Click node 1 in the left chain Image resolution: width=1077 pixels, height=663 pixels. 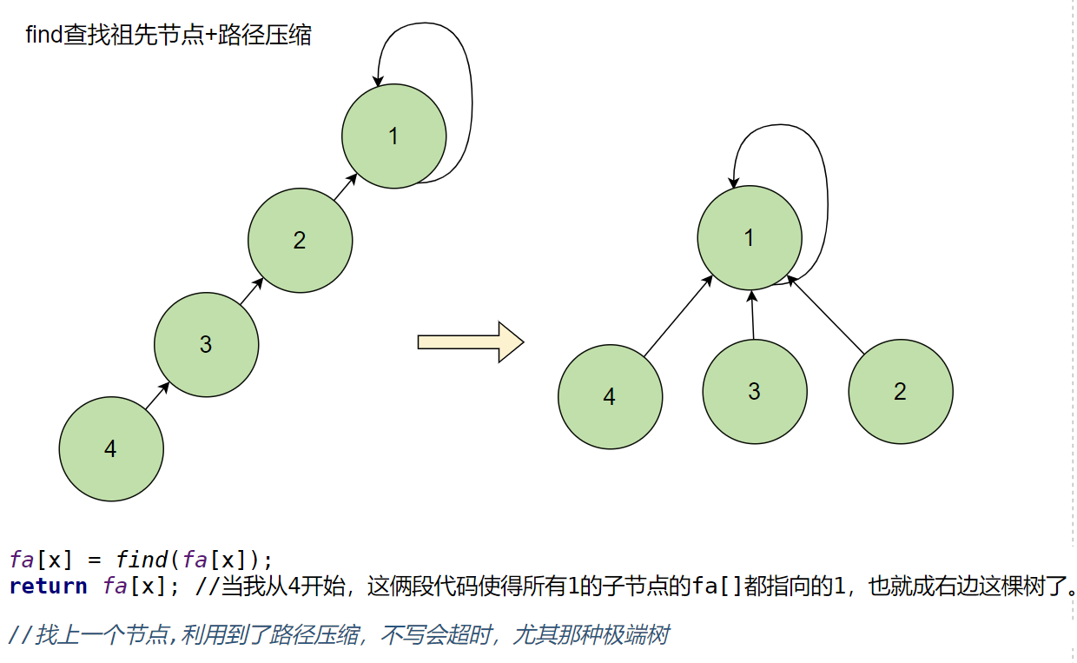coord(393,136)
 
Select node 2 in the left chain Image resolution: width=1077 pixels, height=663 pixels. coord(300,241)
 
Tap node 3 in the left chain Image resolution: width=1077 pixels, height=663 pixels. coord(206,345)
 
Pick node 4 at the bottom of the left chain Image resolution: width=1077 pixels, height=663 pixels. coord(111,449)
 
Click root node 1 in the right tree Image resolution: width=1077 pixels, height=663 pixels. coord(750,237)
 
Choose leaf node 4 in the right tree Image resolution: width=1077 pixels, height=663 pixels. coord(610,397)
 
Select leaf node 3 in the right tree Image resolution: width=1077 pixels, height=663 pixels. coord(754,392)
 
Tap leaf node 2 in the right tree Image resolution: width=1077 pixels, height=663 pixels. coord(900,392)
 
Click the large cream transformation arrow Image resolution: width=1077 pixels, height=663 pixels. coord(470,341)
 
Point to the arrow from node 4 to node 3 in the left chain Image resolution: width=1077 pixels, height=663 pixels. coord(157,395)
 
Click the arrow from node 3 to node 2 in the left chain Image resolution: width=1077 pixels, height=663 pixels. coord(252,291)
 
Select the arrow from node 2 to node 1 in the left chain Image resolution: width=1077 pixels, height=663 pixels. coord(346,187)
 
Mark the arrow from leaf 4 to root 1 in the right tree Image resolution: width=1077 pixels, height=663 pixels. coord(679,315)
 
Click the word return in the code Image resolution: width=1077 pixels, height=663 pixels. coord(48,587)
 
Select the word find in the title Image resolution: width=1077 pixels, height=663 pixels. coord(44,36)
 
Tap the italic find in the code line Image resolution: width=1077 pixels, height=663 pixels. coord(142,559)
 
